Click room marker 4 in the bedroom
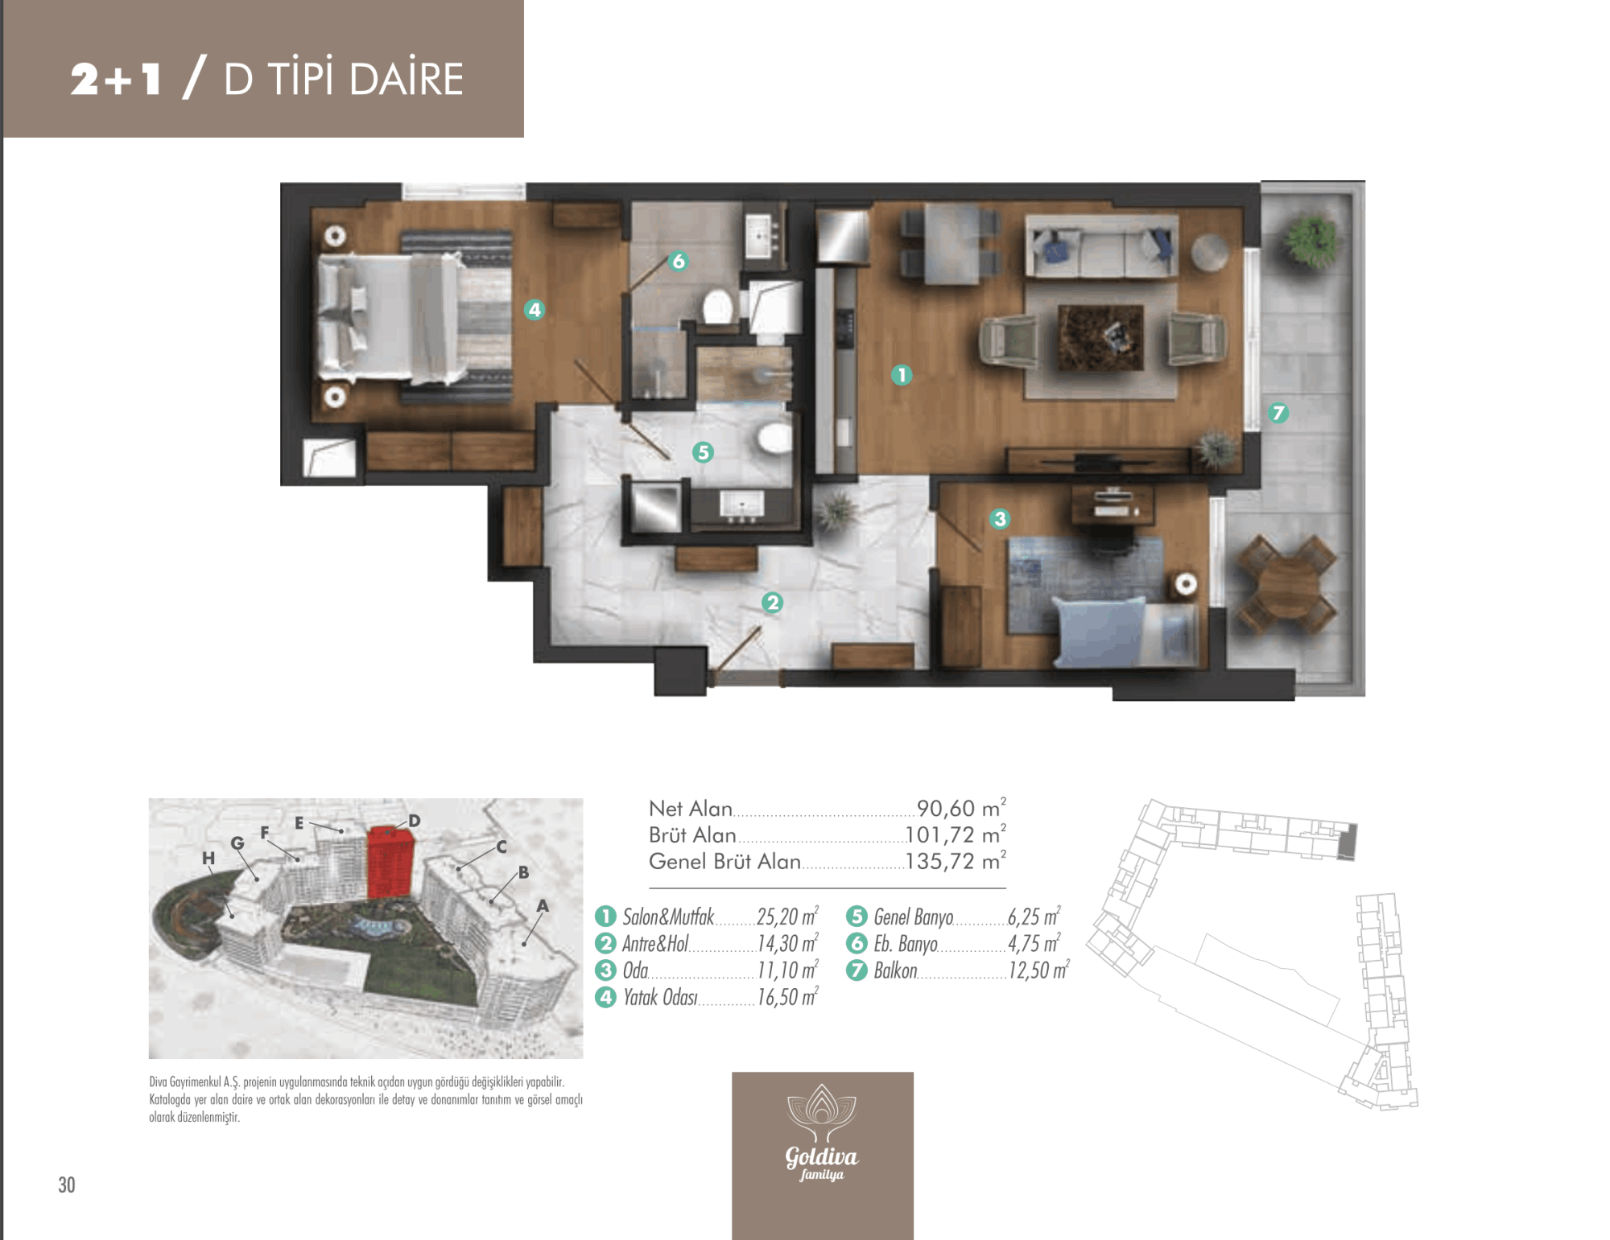point(535,310)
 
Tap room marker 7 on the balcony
point(1278,413)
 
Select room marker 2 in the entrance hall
point(772,602)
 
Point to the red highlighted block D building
point(391,862)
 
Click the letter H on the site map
point(208,858)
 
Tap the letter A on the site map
point(543,906)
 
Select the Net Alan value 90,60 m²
point(961,808)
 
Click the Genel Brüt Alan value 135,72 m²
point(956,861)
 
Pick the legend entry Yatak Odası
point(660,998)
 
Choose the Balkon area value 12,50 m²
point(1038,970)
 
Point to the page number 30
point(67,1184)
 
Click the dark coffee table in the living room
point(1100,337)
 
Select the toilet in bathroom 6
point(717,307)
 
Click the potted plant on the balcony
point(1312,239)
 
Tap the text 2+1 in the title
point(116,79)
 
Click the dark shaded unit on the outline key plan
point(1348,842)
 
